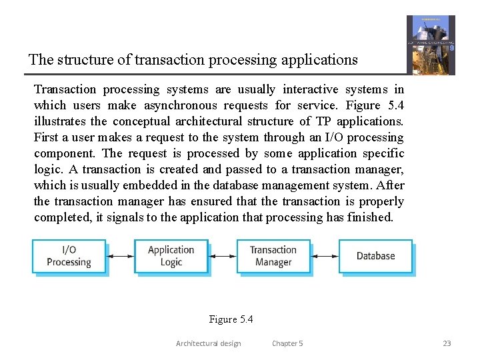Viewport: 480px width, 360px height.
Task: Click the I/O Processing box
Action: [x=69, y=256]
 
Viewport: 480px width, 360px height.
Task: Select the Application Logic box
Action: [x=171, y=256]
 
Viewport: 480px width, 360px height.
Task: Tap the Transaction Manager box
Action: [x=273, y=256]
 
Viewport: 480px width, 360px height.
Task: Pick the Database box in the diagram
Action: [x=375, y=256]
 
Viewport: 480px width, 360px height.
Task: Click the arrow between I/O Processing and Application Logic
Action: [x=120, y=256]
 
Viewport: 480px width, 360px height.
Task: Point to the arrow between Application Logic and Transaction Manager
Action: [x=222, y=256]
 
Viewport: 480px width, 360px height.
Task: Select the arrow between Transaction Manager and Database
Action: [x=325, y=256]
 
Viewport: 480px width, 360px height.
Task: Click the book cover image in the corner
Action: [x=431, y=45]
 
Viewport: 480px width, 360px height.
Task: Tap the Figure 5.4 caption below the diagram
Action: [x=231, y=319]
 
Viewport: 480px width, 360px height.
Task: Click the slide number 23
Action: [x=447, y=343]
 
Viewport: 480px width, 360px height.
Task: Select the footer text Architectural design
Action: [x=208, y=343]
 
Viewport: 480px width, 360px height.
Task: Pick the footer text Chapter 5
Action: [x=287, y=343]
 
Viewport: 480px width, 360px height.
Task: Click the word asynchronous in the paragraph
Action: [x=179, y=105]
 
